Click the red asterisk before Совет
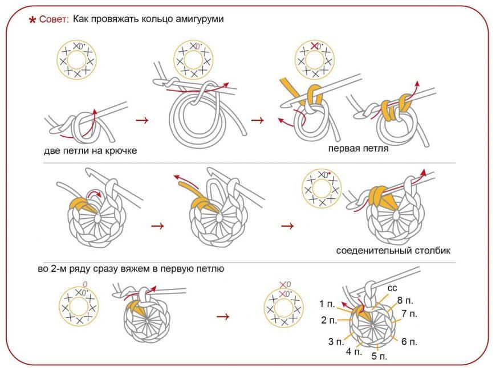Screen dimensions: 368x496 click(x=33, y=21)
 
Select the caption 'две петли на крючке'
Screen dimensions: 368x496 click(x=90, y=151)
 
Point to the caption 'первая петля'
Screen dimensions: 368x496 click(x=358, y=149)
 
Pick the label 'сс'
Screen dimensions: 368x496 click(x=392, y=288)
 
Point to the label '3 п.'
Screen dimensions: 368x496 click(x=336, y=342)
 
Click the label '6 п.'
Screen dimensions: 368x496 click(x=409, y=342)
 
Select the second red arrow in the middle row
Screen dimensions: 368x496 click(x=288, y=226)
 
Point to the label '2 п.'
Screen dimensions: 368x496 click(x=329, y=320)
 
